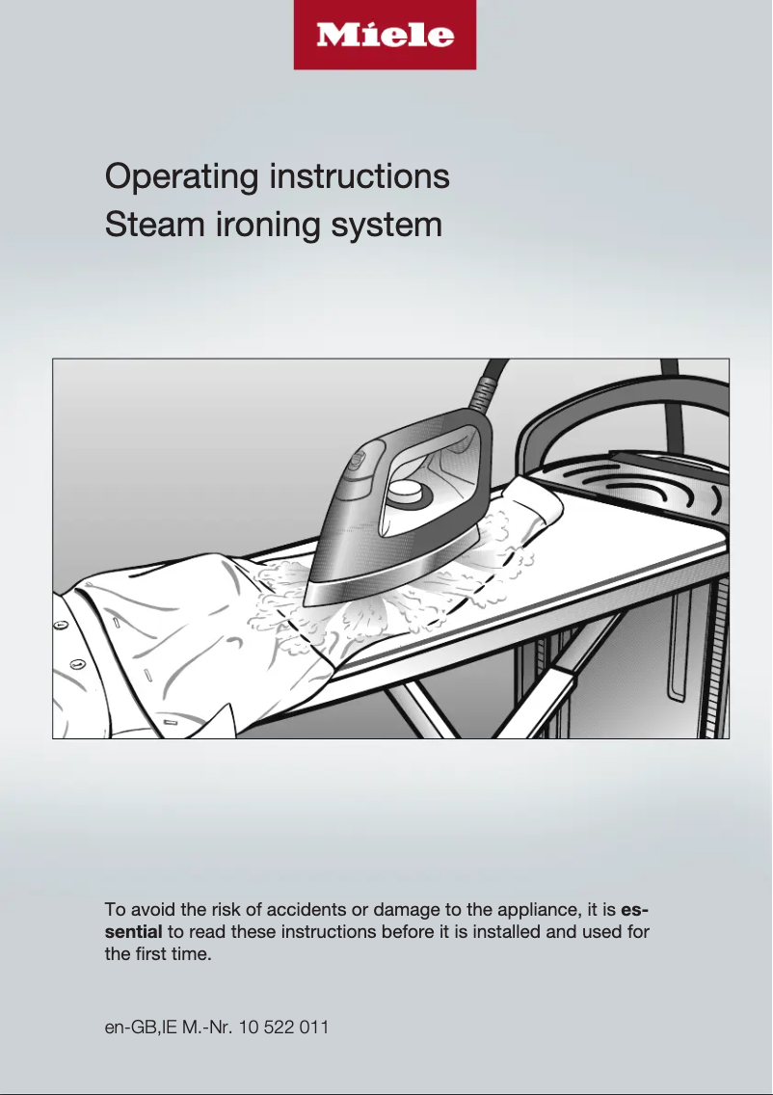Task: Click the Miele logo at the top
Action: click(x=385, y=36)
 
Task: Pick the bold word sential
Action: click(x=134, y=932)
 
